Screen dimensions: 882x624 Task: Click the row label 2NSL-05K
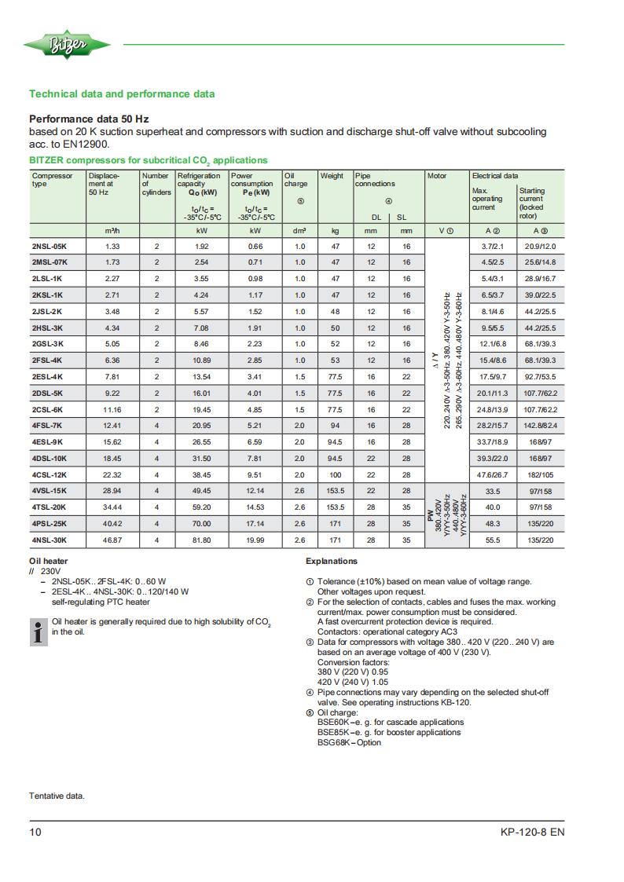point(50,246)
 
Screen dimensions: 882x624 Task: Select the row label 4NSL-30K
point(50,540)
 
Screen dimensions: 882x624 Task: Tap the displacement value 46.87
point(112,540)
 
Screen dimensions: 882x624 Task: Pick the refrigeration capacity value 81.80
point(201,540)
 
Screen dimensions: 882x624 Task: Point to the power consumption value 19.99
point(255,540)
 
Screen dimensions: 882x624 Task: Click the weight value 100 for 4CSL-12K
point(335,475)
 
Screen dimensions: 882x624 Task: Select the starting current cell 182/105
point(540,475)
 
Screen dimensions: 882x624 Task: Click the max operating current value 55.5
point(493,540)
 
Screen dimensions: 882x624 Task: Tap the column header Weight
point(332,176)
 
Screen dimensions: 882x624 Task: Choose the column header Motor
point(437,176)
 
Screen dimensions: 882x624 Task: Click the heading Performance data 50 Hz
point(89,119)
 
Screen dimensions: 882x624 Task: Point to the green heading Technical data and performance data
point(122,94)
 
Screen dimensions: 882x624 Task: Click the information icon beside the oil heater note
point(37,631)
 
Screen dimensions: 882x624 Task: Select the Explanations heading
point(331,562)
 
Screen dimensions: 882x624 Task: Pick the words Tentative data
point(57,796)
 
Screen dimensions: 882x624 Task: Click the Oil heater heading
point(49,562)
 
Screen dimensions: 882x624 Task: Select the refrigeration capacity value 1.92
point(201,246)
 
